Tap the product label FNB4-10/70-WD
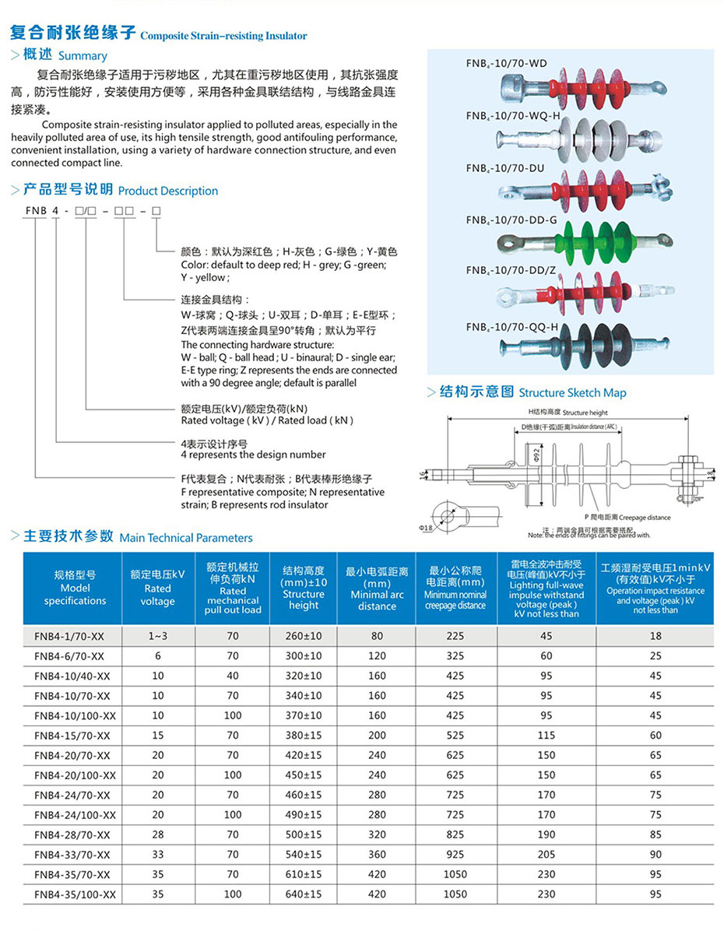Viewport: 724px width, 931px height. pos(506,64)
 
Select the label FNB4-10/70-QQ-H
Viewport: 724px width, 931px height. pos(512,328)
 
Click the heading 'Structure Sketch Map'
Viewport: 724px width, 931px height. pos(572,393)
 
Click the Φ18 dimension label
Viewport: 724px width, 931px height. pos(426,529)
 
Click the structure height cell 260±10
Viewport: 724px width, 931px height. pos(303,636)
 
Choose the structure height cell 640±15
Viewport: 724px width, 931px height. pos(303,894)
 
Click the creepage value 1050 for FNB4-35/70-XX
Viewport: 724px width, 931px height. pos(455,874)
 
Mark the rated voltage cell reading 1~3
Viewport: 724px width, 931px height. pos(158,636)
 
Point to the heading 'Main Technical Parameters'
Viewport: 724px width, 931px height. pos(186,538)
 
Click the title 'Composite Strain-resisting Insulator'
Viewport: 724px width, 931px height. pos(223,36)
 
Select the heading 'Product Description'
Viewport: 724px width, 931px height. pos(168,191)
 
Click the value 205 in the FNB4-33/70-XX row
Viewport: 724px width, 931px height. pos(547,855)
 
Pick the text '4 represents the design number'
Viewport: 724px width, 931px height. pos(253,455)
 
